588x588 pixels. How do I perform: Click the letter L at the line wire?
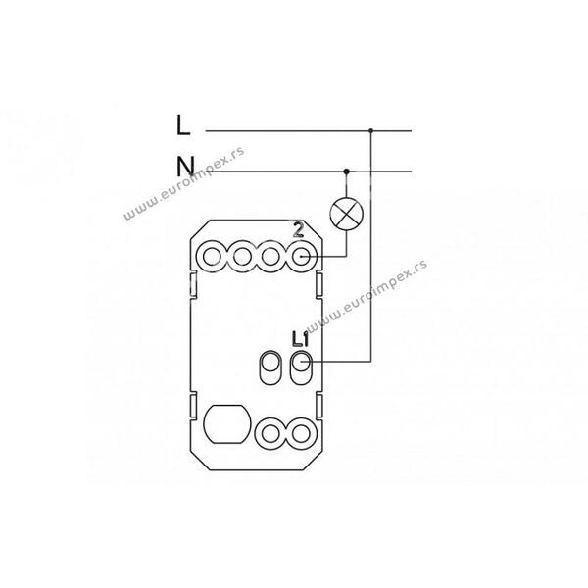pyautogui.click(x=183, y=124)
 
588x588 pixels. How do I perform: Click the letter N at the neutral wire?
pyautogui.click(x=186, y=167)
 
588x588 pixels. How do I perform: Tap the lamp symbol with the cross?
pyautogui.click(x=347, y=214)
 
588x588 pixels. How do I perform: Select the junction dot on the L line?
pyautogui.click(x=370, y=131)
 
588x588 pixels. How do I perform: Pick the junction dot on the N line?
pyautogui.click(x=347, y=171)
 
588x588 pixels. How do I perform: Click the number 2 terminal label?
pyautogui.click(x=298, y=230)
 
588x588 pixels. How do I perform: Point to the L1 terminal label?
pyautogui.click(x=300, y=339)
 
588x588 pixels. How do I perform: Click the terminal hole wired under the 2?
pyautogui.click(x=301, y=257)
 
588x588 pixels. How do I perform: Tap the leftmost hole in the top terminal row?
pyautogui.click(x=213, y=257)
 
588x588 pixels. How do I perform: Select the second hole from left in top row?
pyautogui.click(x=242, y=257)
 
